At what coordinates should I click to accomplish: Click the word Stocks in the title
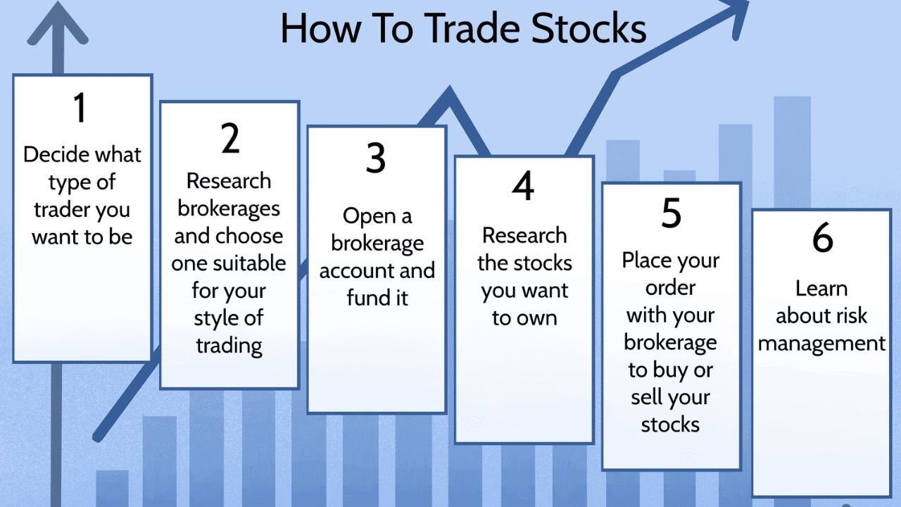588,28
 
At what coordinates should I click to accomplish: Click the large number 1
80,108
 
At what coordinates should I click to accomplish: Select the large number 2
230,138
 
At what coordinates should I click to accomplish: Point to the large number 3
376,158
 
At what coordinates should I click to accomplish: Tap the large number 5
671,213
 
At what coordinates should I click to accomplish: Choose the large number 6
822,237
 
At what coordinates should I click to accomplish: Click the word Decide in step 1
56,154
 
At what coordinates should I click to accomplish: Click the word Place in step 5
646,261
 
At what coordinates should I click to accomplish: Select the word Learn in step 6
821,289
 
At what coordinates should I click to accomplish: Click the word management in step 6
821,344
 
